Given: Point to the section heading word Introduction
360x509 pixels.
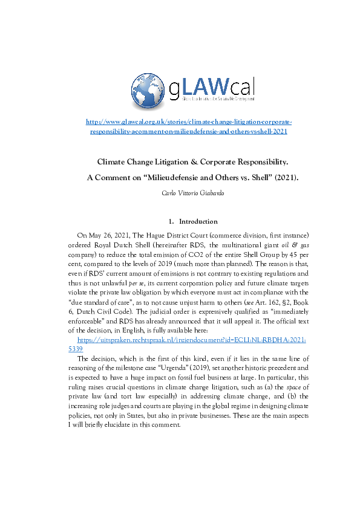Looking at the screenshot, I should point(198,221).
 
